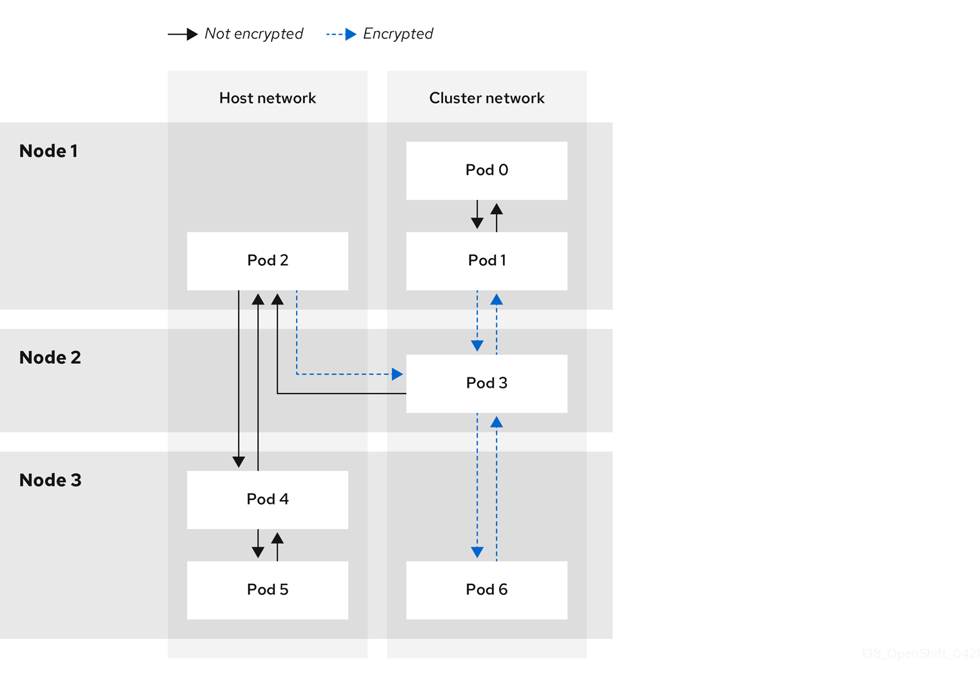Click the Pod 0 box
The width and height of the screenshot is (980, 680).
click(487, 170)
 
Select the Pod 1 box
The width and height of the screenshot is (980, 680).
click(487, 261)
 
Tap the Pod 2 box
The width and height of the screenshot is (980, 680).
click(268, 261)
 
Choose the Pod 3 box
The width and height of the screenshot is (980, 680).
click(487, 383)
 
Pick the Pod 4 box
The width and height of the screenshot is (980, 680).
click(268, 499)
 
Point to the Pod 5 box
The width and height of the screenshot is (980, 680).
click(268, 590)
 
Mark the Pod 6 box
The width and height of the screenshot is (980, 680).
click(487, 590)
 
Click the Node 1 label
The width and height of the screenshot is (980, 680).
click(48, 151)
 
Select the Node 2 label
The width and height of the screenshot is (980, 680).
click(50, 357)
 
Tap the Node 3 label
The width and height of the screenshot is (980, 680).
click(50, 480)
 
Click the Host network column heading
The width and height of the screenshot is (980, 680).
click(268, 98)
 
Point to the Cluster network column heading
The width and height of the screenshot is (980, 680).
click(487, 98)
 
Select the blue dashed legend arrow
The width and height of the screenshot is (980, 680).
click(341, 34)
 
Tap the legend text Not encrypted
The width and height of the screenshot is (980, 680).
click(253, 34)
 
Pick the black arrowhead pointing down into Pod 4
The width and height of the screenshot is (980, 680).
click(239, 462)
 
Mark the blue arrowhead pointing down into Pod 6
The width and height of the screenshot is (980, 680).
click(477, 552)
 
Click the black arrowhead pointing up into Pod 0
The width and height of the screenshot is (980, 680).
click(496, 209)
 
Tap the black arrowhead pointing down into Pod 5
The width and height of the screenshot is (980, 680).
click(258, 552)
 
